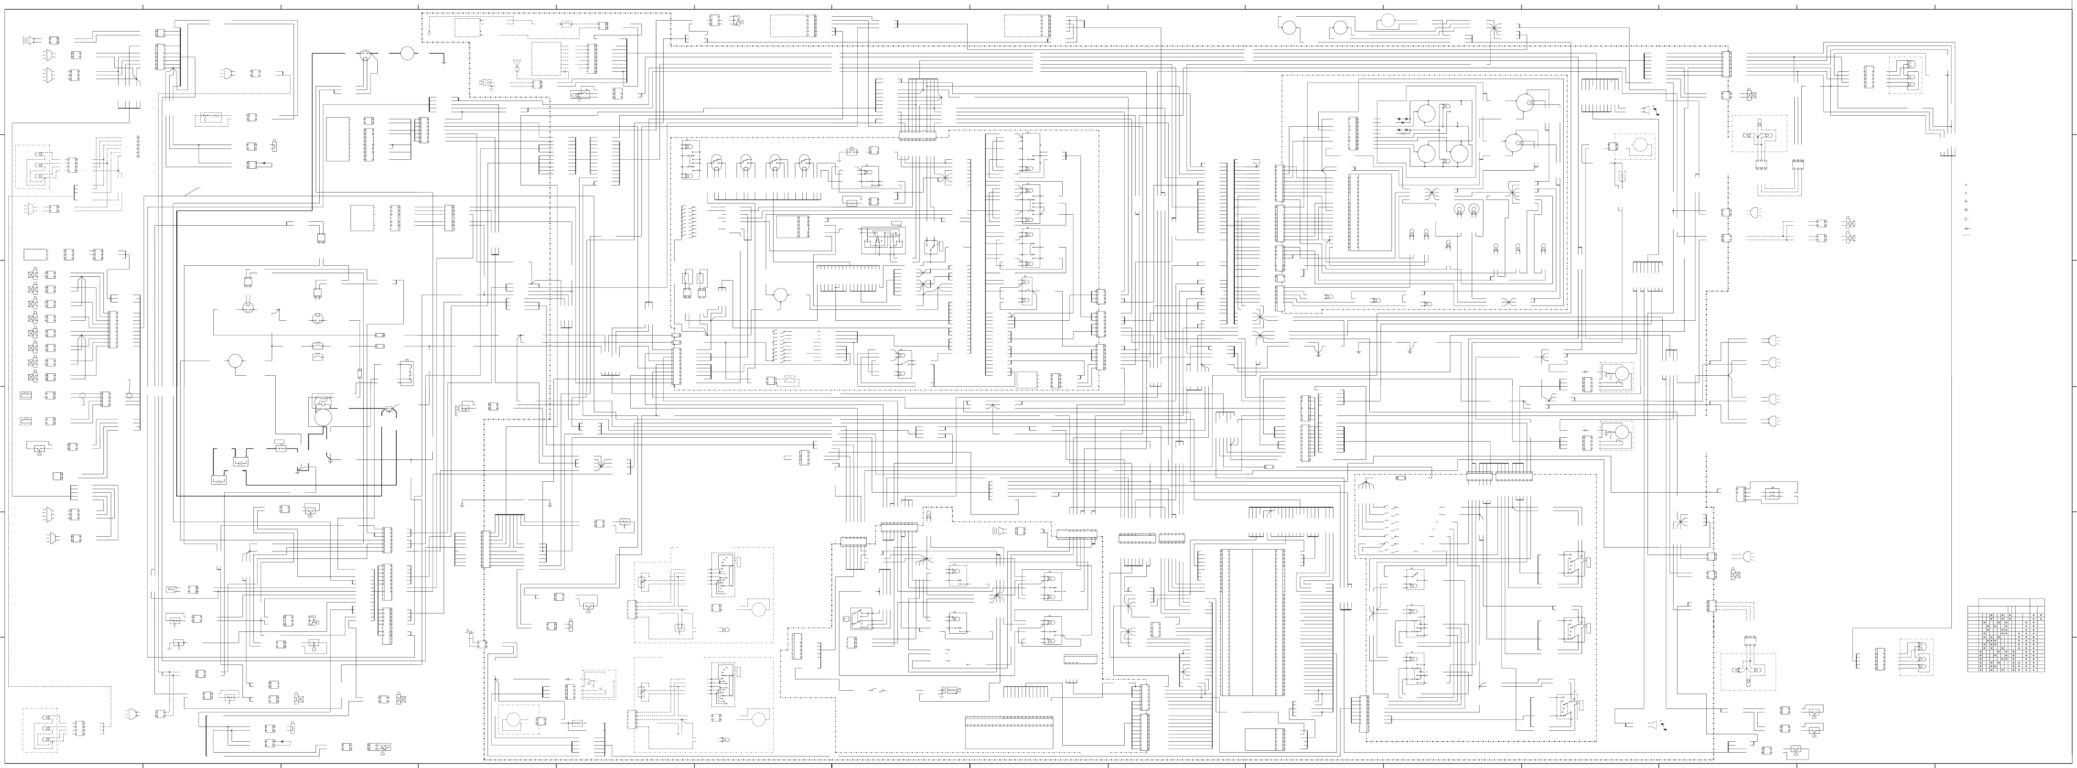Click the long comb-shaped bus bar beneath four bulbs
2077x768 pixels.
click(x=766, y=196)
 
